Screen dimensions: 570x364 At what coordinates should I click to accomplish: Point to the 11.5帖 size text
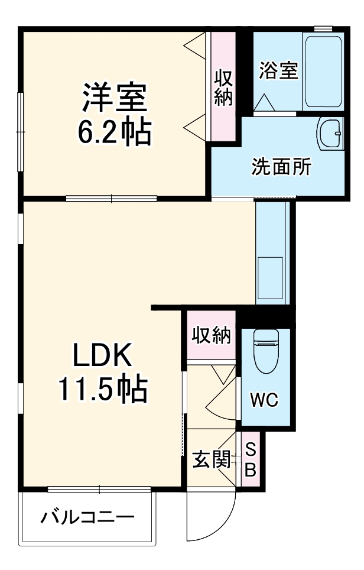102,390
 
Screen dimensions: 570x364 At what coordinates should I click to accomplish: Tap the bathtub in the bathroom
323,72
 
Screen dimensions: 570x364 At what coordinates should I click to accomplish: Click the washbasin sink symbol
330,135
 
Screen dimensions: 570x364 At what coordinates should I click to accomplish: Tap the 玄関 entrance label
210,460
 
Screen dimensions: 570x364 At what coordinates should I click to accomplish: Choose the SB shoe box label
250,460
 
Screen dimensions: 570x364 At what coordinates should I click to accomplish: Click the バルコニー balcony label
87,519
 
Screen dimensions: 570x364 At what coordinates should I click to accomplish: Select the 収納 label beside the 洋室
223,88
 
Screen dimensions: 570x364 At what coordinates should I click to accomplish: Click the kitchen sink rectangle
271,278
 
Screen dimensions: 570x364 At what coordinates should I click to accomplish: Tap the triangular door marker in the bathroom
264,102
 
